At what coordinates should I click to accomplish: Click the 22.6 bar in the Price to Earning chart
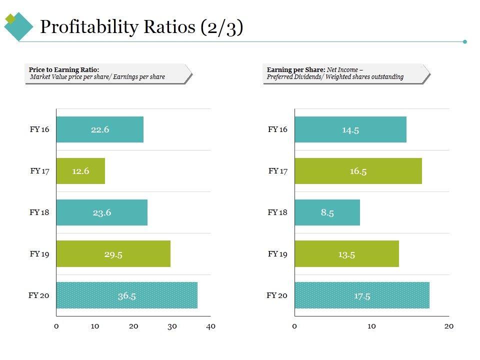point(99,129)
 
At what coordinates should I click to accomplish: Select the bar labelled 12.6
point(80,171)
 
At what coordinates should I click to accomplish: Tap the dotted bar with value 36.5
point(126,295)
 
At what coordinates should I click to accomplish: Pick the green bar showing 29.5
point(113,254)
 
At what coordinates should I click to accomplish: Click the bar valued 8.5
point(327,212)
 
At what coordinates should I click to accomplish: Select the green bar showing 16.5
point(358,171)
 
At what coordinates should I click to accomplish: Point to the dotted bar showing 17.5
point(361,295)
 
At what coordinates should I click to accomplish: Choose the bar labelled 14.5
point(350,129)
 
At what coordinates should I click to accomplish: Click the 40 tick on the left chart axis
point(210,326)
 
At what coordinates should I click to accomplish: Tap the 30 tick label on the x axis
point(172,326)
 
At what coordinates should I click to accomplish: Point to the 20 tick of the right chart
point(449,326)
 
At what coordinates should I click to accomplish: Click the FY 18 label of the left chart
point(39,212)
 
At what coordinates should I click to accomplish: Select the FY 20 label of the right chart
point(277,295)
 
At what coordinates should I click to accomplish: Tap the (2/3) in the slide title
point(221,27)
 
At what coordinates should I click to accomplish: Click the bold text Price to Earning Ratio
point(63,69)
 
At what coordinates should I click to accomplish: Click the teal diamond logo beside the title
point(19,26)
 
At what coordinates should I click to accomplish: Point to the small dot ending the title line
point(465,41)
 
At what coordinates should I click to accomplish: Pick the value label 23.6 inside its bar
point(101,212)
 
